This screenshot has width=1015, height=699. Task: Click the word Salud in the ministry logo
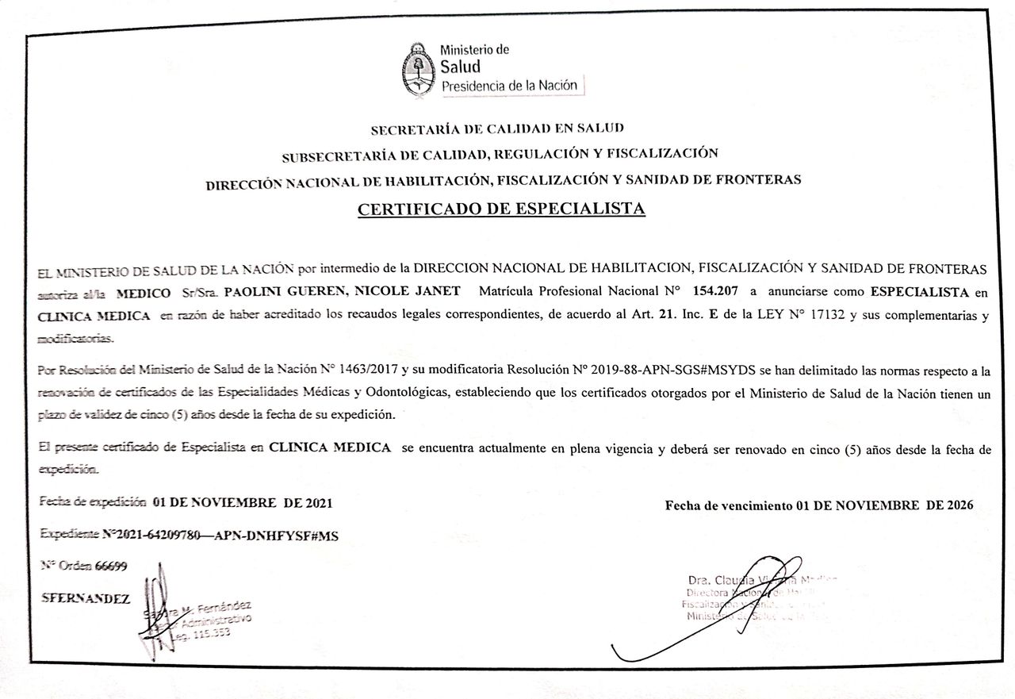click(461, 67)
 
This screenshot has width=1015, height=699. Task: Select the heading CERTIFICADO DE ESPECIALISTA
click(502, 209)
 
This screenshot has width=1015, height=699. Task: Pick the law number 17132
click(827, 316)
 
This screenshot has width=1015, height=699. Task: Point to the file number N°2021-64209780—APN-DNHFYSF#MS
click(220, 536)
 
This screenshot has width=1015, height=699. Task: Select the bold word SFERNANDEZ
click(86, 599)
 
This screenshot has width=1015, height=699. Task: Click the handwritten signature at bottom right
click(714, 619)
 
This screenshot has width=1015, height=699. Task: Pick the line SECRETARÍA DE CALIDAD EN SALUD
click(497, 127)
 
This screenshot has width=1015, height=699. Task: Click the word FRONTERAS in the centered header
click(764, 179)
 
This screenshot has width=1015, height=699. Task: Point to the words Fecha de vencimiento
click(728, 505)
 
